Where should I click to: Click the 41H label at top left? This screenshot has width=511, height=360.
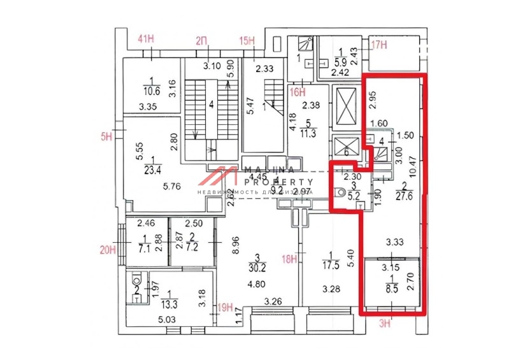(147, 40)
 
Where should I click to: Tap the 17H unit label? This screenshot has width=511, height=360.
(380, 45)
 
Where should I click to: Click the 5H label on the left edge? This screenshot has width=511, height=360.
(106, 135)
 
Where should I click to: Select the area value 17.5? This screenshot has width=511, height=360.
(329, 266)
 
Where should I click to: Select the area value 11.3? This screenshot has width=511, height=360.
(310, 133)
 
